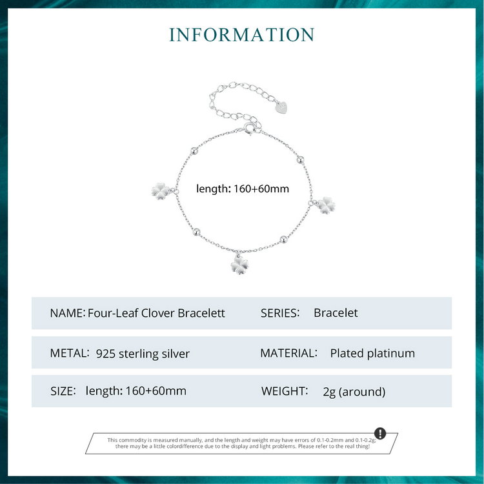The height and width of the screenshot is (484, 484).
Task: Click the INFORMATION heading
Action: point(242,34)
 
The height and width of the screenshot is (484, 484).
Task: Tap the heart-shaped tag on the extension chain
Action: point(281,108)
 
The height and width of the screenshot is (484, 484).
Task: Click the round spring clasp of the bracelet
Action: point(249,128)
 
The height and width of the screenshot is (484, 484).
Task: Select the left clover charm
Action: point(161,191)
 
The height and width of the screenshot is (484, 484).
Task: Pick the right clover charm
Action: point(327,205)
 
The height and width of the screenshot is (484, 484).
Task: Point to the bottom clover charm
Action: point(239,265)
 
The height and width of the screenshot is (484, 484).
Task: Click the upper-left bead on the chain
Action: point(194,151)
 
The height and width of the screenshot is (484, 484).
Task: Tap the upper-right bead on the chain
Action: point(300,160)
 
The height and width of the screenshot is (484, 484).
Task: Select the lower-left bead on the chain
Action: point(196,232)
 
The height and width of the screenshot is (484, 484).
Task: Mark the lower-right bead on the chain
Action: point(283,239)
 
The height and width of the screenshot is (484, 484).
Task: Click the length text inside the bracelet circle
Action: point(243,188)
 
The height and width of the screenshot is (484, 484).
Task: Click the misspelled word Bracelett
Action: point(201,313)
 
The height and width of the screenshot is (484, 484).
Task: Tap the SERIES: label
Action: point(280,313)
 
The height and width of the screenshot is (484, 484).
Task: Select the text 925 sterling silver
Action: point(143,354)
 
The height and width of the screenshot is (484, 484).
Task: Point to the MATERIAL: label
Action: point(288,353)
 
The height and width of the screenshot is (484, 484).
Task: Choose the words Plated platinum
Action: point(372,354)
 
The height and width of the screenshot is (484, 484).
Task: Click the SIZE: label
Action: point(63,391)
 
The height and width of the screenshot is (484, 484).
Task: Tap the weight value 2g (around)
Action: point(354,392)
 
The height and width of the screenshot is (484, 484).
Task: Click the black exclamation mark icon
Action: point(380,434)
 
